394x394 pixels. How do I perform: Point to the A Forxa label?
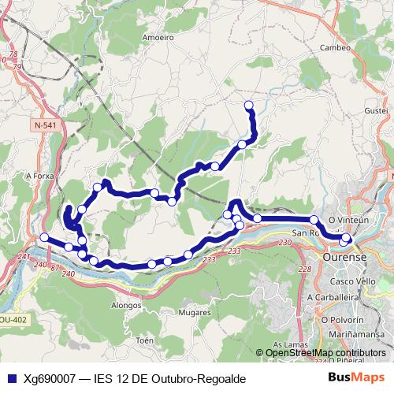click(x=39, y=176)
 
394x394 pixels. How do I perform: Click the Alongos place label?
click(x=126, y=304)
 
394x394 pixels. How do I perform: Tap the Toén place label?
click(x=144, y=340)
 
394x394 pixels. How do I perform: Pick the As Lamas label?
click(x=288, y=345)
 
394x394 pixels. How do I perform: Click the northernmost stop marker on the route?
click(x=249, y=105)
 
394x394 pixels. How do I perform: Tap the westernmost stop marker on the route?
click(x=44, y=237)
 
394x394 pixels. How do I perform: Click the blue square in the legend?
click(x=12, y=378)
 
